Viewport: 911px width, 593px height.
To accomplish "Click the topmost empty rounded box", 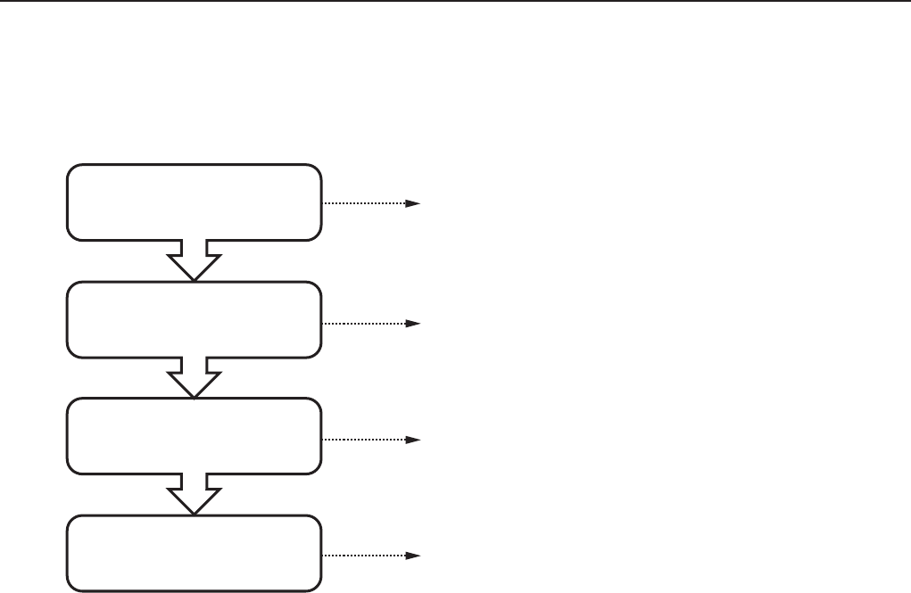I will [x=194, y=202].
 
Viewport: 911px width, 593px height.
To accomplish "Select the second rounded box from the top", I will [x=194, y=319].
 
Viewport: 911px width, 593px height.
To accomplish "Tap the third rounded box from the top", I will [x=194, y=436].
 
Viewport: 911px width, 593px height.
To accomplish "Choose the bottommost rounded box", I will [x=194, y=553].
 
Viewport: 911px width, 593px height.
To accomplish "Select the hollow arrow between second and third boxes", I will [x=194, y=375].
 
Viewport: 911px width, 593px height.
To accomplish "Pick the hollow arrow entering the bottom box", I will [x=194, y=492].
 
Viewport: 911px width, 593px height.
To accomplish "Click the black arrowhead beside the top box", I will [x=413, y=203].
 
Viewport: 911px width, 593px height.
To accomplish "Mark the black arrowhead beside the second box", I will [x=413, y=322].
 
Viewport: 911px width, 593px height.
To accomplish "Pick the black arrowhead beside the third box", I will [x=413, y=440].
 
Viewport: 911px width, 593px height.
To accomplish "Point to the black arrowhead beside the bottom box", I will [x=413, y=556].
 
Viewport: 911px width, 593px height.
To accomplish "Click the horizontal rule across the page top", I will [x=455, y=2].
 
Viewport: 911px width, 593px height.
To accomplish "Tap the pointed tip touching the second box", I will [x=194, y=279].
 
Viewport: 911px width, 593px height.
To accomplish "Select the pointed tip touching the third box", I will [x=194, y=396].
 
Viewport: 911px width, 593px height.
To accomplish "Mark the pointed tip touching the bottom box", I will [x=194, y=513].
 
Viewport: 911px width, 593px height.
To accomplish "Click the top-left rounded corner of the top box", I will [x=71, y=169].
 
